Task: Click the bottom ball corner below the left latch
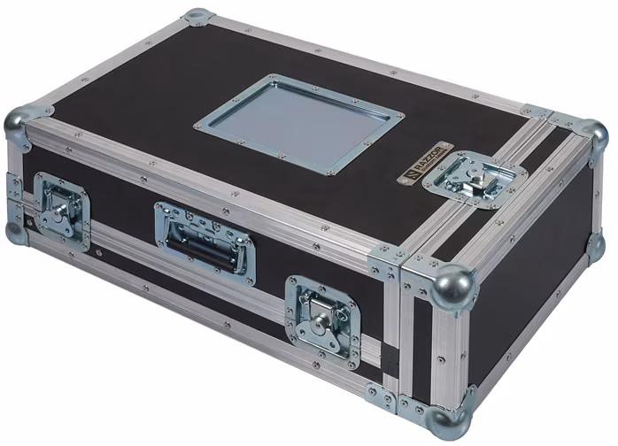[x=14, y=232]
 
